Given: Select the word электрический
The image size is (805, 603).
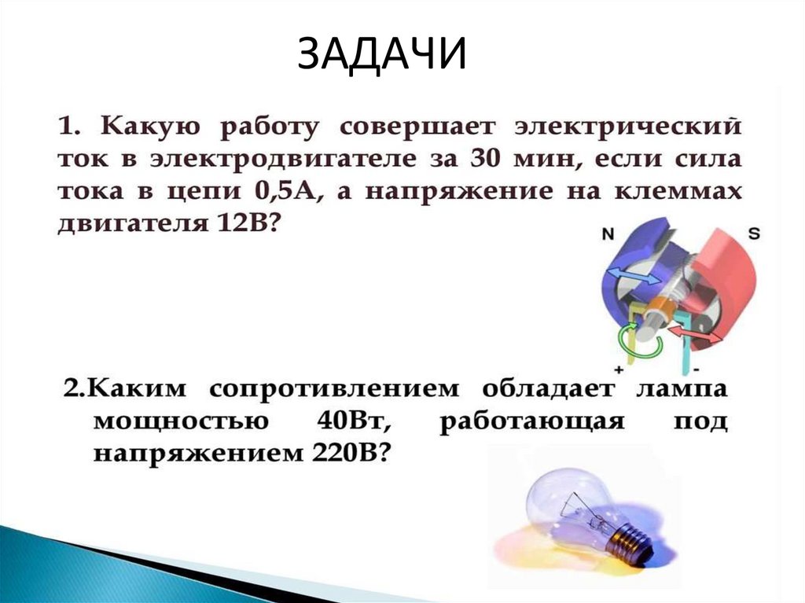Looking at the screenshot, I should pyautogui.click(x=627, y=127).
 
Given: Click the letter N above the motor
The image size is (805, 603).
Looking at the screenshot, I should pyautogui.click(x=608, y=234).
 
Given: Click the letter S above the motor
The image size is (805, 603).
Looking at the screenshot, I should pyautogui.click(x=752, y=233).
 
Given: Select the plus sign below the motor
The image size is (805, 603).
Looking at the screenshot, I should pyautogui.click(x=619, y=369).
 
